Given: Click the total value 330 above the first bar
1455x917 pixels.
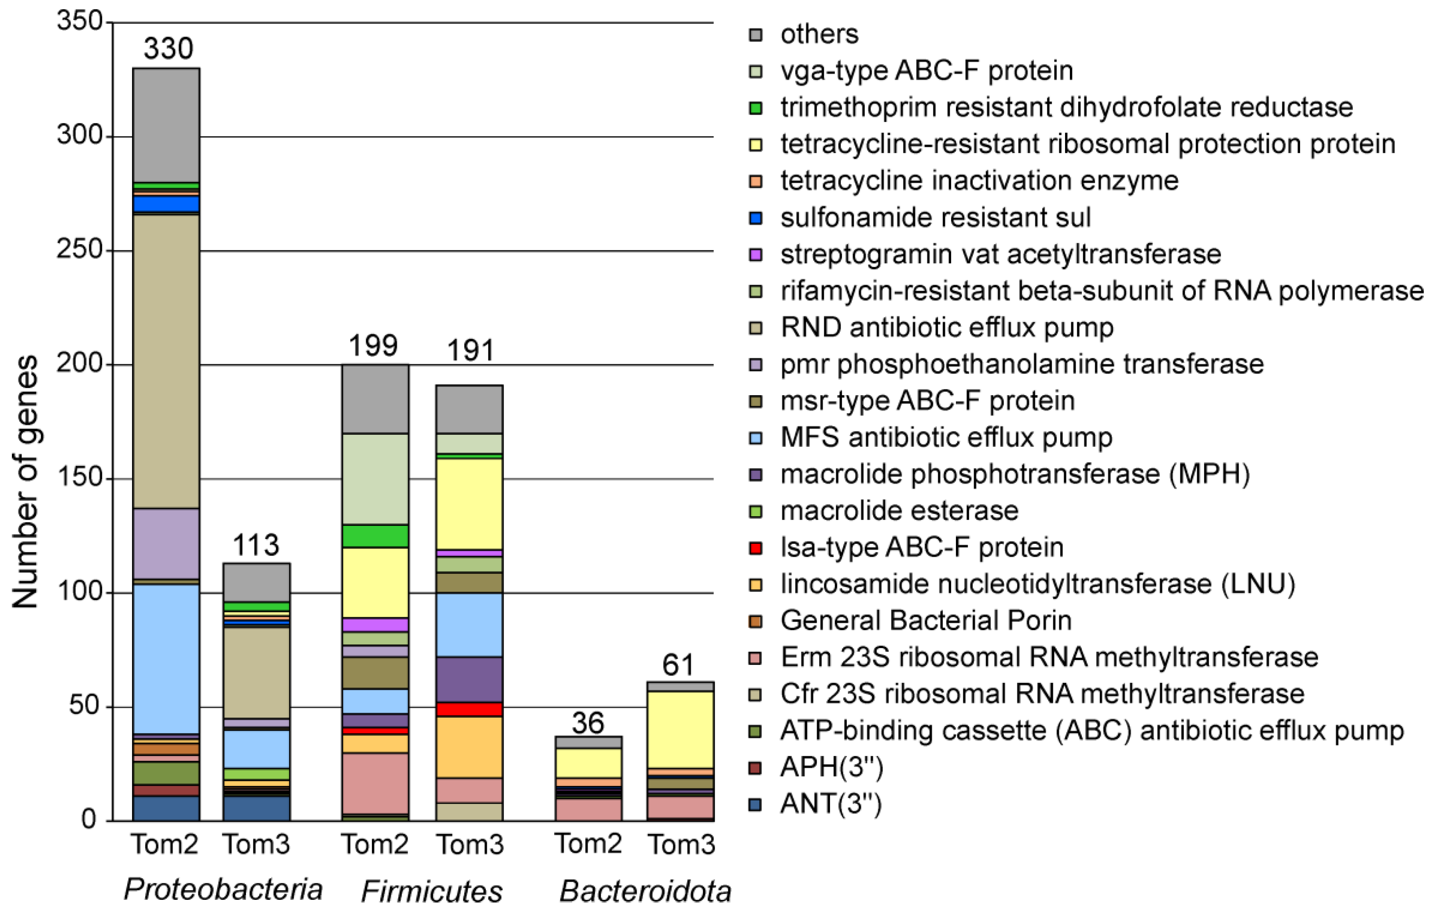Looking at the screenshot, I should click(x=168, y=49).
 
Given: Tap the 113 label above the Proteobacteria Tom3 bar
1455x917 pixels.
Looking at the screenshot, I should click(x=256, y=546).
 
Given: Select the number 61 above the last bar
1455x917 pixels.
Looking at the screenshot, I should click(x=678, y=665).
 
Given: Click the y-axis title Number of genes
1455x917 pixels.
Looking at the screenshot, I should click(x=26, y=481).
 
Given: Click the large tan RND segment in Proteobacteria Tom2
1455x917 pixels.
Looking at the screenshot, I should click(x=166, y=361).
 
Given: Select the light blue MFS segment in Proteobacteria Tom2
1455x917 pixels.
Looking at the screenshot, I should click(x=166, y=658).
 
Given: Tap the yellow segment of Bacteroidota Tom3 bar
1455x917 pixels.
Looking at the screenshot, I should click(x=680, y=730).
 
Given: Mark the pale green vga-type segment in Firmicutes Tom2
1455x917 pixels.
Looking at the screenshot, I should click(x=374, y=478).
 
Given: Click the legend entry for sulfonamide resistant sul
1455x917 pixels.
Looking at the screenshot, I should click(x=935, y=217).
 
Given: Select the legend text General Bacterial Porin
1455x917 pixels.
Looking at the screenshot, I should click(x=926, y=620).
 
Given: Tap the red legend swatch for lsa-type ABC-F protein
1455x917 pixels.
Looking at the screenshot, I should click(x=755, y=548).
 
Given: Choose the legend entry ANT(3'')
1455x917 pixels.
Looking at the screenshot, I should click(x=831, y=804).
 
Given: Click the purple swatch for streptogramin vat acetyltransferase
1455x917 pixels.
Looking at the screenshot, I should click(x=755, y=254).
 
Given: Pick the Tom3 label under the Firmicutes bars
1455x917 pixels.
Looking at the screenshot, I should click(x=470, y=844).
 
